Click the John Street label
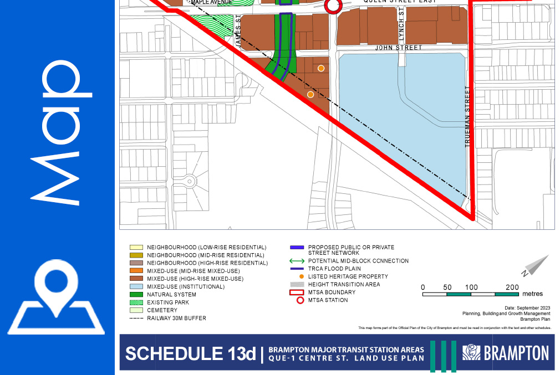coord(398,48)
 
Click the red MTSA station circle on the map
coord(333,6)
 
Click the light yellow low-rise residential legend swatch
coord(136,247)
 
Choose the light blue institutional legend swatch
coord(136,287)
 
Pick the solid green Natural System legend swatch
coord(136,295)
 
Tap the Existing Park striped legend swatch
coord(136,302)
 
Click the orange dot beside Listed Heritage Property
coord(301,276)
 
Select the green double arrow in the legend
coord(298,261)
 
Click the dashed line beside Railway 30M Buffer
coord(136,319)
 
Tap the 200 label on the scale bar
coord(512,287)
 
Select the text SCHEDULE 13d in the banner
coord(190,353)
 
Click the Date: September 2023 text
coord(527,307)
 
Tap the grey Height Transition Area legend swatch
coord(300,284)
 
